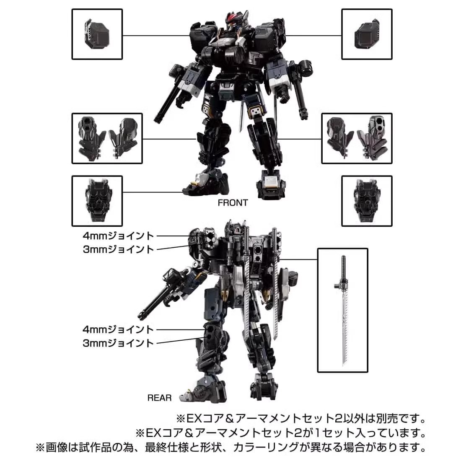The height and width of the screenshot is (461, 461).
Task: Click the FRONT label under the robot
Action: [x=233, y=202]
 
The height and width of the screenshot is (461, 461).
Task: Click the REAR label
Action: [x=159, y=398]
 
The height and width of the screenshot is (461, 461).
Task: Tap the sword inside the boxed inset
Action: [x=343, y=310]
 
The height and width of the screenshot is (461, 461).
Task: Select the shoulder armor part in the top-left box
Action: [x=96, y=34]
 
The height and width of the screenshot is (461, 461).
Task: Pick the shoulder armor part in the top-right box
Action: [x=367, y=34]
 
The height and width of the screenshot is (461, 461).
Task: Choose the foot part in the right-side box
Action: [x=367, y=201]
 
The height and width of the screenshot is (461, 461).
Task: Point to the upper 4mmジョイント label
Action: [x=118, y=236]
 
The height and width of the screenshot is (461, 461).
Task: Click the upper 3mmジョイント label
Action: [x=118, y=249]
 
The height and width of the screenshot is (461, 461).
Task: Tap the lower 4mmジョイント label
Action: [x=118, y=329]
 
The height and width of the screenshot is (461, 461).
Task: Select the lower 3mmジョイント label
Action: [x=118, y=343]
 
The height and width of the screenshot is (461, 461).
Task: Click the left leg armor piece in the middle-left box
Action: [x=92, y=138]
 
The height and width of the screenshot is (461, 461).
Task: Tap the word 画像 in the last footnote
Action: [x=57, y=448]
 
